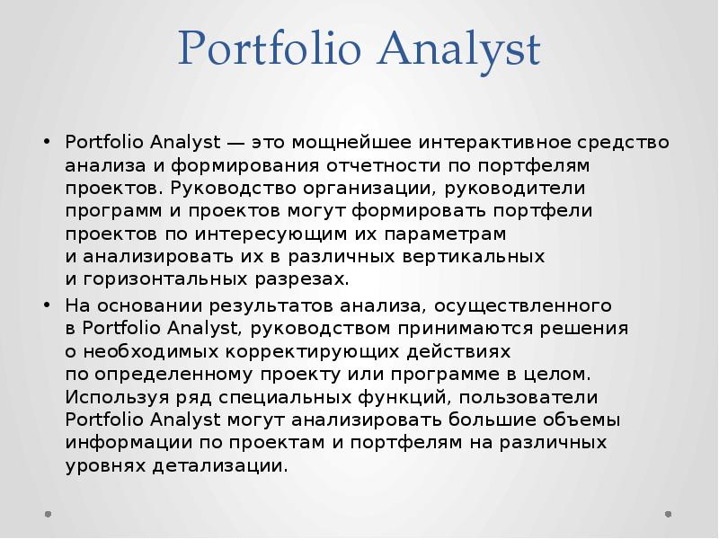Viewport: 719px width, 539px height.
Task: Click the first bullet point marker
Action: point(46,144)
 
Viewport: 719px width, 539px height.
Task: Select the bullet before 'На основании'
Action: point(46,305)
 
